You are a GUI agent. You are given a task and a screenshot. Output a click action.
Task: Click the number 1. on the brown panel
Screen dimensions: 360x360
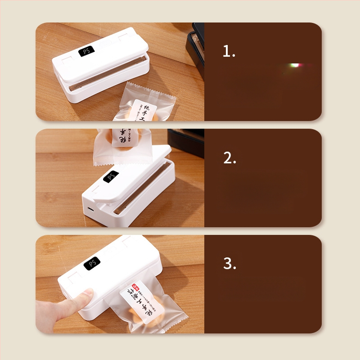[229, 52]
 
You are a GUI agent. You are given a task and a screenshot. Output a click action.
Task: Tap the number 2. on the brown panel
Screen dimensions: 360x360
[229, 158]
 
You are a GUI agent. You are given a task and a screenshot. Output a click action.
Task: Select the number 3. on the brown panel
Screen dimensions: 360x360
[229, 264]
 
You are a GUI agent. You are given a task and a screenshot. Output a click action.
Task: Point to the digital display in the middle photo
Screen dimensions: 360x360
[111, 177]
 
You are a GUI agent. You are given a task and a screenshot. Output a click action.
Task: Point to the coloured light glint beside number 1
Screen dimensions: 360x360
[297, 66]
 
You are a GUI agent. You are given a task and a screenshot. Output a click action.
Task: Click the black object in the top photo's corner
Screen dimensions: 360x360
[196, 45]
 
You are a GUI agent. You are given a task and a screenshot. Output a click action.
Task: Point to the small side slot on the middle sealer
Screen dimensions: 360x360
[90, 209]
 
